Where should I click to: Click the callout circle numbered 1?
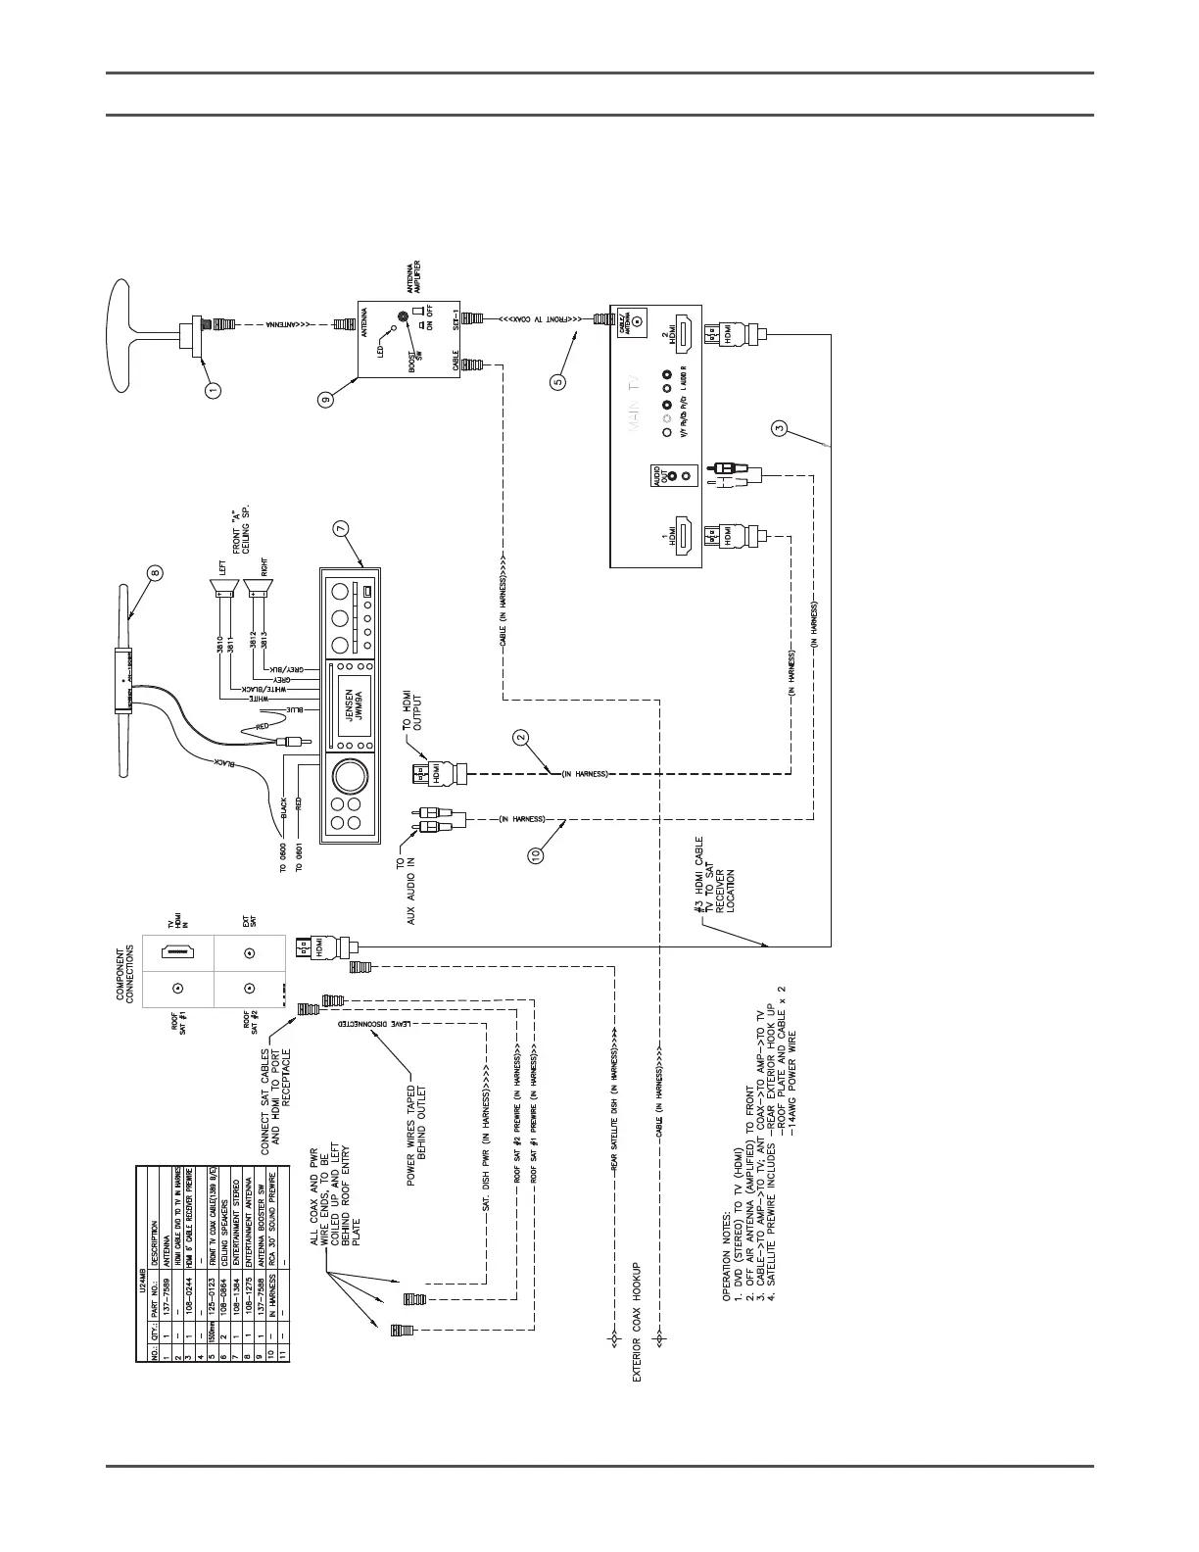click(x=213, y=389)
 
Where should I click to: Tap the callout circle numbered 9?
click(x=325, y=397)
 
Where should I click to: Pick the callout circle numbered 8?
click(x=156, y=572)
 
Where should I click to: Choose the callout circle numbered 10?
click(x=536, y=854)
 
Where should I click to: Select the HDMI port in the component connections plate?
click(x=179, y=950)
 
